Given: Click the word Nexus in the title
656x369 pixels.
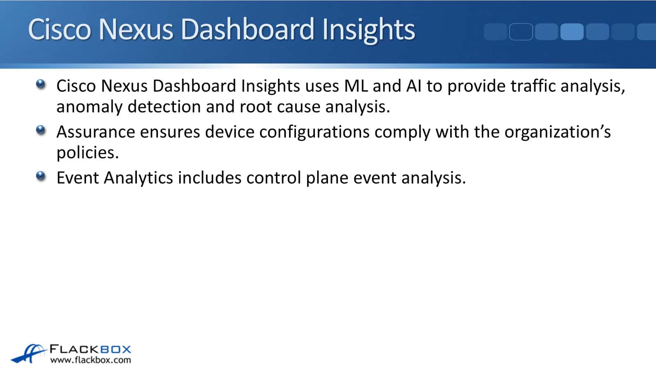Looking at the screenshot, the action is (136, 29).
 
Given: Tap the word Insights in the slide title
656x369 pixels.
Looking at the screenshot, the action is (369, 31).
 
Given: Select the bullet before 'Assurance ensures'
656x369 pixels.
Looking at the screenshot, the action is (41, 130).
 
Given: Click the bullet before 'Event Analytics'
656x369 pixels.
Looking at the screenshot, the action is (41, 176).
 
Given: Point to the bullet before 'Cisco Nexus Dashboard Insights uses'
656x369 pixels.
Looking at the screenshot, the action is (41, 84).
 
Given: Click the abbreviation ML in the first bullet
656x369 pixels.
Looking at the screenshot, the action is (356, 86).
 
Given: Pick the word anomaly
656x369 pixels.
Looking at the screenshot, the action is (89, 107).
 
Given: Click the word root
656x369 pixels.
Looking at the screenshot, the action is (256, 107).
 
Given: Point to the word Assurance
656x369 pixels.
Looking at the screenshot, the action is (96, 132).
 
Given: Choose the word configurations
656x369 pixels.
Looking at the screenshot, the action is (314, 132).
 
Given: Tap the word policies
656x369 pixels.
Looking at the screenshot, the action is (88, 153).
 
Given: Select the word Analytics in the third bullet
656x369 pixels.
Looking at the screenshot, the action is (138, 178).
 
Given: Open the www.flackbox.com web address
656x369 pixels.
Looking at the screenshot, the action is (91, 360).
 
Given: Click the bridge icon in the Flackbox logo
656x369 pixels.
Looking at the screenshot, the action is (29, 353).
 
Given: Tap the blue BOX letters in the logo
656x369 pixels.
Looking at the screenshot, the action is (115, 349).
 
